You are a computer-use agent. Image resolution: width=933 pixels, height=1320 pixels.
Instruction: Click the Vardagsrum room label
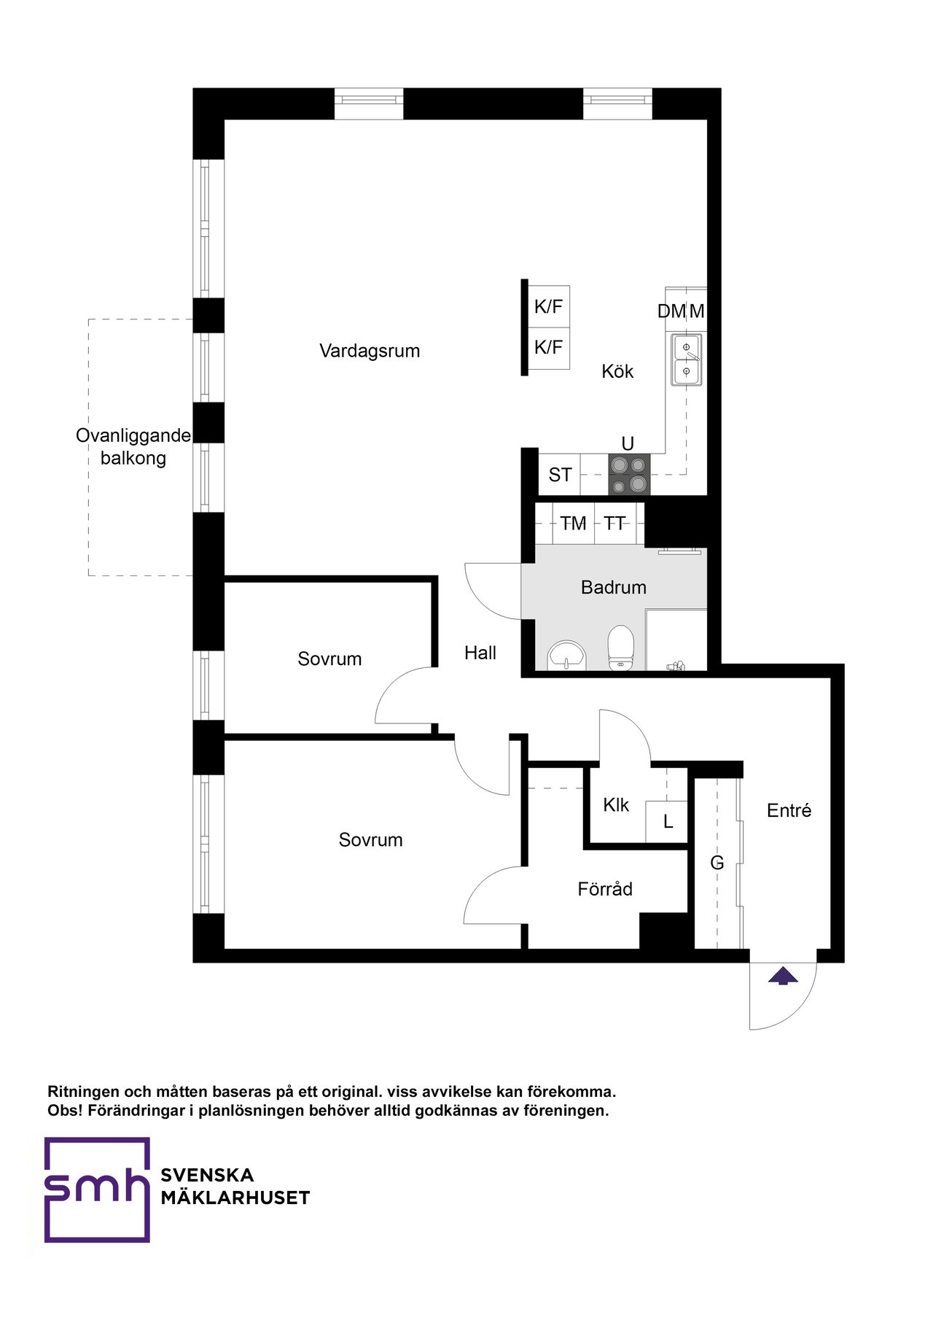[x=370, y=351]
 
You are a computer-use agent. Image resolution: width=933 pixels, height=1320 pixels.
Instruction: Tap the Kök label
[x=617, y=371]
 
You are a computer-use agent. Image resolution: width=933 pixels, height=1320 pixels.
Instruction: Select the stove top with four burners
[x=629, y=474]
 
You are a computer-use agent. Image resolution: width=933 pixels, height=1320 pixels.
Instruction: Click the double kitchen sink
[x=686, y=359]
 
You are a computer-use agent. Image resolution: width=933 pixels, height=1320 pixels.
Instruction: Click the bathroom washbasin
[x=566, y=655]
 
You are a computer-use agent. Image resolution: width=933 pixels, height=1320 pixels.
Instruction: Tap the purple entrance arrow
[x=783, y=975]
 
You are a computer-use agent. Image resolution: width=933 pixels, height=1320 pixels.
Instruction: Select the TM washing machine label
[x=573, y=524]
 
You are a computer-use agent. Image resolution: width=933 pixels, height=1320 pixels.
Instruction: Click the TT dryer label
[x=614, y=524]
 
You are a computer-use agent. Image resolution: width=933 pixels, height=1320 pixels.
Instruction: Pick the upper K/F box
[x=548, y=306]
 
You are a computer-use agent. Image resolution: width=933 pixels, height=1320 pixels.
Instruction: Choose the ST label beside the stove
[x=560, y=475]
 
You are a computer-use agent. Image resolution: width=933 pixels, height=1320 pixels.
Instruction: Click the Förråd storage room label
[x=605, y=889]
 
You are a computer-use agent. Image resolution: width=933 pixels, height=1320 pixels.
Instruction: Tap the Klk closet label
[x=616, y=805]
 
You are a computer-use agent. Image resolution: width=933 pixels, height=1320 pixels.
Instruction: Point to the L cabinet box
[x=667, y=822]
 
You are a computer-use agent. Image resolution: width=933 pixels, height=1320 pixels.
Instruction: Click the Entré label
[x=789, y=810]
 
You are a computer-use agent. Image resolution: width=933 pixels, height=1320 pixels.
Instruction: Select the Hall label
[x=480, y=653]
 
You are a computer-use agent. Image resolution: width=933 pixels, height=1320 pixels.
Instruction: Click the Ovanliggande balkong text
[x=133, y=446]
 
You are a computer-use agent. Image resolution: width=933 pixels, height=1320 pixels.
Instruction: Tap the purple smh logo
[x=97, y=1189]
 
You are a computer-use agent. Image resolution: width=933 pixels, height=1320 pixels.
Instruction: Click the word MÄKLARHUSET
[x=235, y=1197]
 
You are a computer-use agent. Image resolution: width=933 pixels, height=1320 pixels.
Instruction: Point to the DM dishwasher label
[x=671, y=311]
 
